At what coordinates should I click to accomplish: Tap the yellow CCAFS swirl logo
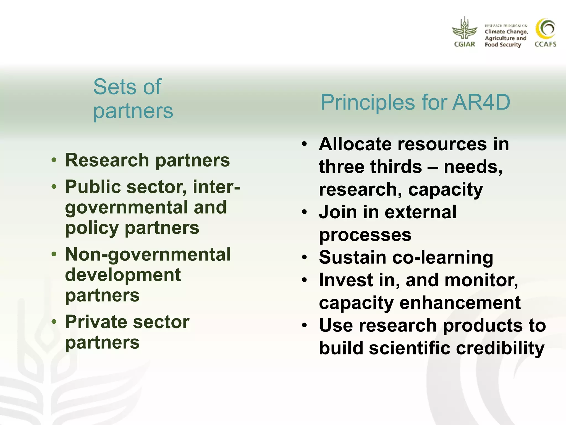click(x=545, y=29)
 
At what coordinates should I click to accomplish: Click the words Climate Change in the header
click(x=506, y=32)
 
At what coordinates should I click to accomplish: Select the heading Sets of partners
click(x=133, y=99)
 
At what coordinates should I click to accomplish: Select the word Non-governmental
click(x=148, y=255)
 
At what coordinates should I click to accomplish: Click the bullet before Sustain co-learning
click(x=305, y=258)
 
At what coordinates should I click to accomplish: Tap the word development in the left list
click(x=123, y=275)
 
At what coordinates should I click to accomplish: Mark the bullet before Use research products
click(x=305, y=325)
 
